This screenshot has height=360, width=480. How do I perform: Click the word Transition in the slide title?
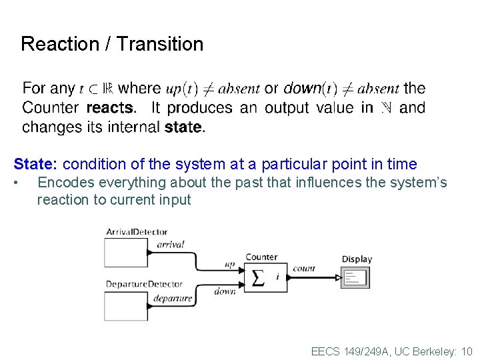pyautogui.click(x=160, y=45)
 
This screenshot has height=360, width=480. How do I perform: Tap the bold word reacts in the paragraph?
pyautogui.click(x=110, y=108)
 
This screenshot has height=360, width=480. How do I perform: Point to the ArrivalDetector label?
pyautogui.click(x=137, y=232)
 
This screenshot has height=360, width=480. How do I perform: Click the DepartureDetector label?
pyautogui.click(x=144, y=285)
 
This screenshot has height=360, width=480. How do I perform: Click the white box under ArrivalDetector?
pyautogui.click(x=125, y=252)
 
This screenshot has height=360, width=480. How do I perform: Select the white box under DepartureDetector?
pyautogui.click(x=125, y=305)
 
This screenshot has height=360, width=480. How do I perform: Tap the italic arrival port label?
pyautogui.click(x=170, y=245)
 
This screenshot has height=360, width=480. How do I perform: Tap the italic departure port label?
pyautogui.click(x=172, y=298)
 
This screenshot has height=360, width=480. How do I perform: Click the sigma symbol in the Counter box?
pyautogui.click(x=258, y=277)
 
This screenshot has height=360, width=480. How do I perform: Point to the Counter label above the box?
pyautogui.click(x=261, y=257)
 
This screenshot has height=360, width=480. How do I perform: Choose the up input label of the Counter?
pyautogui.click(x=230, y=265)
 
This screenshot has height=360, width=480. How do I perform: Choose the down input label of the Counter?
pyautogui.click(x=225, y=291)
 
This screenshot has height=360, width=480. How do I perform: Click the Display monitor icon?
pyautogui.click(x=355, y=277)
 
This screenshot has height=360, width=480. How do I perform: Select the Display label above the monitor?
pyautogui.click(x=357, y=259)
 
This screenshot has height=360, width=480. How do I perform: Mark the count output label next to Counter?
pyautogui.click(x=303, y=269)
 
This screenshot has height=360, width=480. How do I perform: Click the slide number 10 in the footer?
pyautogui.click(x=466, y=351)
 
